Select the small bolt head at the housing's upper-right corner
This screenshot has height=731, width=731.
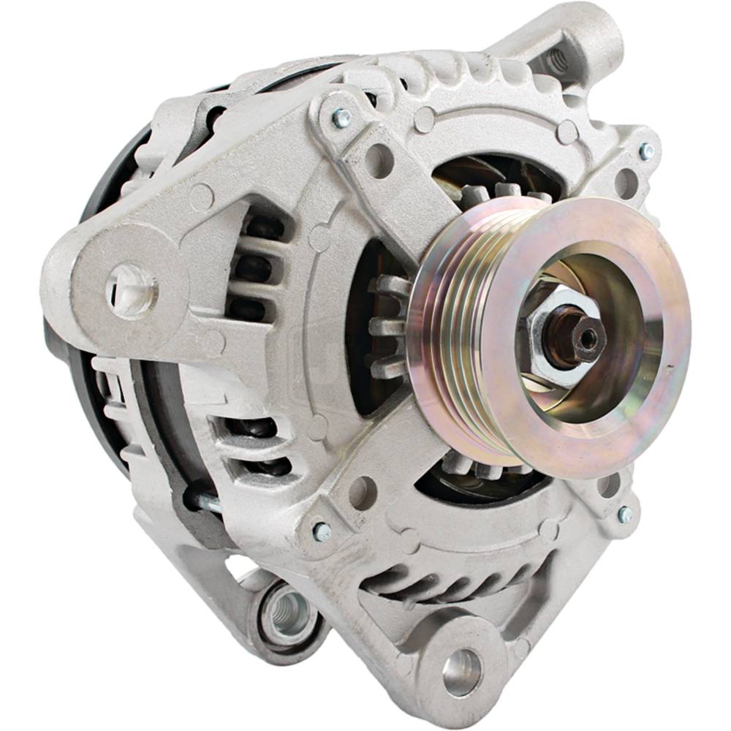(x=646, y=151)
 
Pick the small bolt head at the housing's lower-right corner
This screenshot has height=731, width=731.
(x=625, y=515)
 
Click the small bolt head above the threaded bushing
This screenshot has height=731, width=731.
(x=322, y=531)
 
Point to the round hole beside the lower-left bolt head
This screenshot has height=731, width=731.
(x=363, y=491)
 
